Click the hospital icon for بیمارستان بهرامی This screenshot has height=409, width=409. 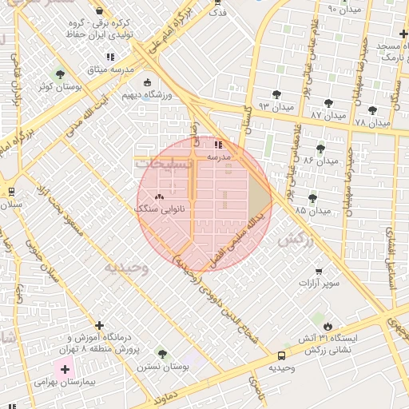(66, 370)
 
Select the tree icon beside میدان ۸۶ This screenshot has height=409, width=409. (321, 149)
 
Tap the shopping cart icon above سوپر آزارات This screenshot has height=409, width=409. (320, 272)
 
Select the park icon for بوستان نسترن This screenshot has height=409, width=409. (163, 354)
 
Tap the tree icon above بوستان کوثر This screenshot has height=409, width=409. (61, 73)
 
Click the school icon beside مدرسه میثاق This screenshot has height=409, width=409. (110, 57)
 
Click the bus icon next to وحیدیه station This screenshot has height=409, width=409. (281, 355)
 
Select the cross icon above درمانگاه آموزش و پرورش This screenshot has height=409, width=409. (99, 325)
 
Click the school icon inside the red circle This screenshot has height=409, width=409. (219, 145)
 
